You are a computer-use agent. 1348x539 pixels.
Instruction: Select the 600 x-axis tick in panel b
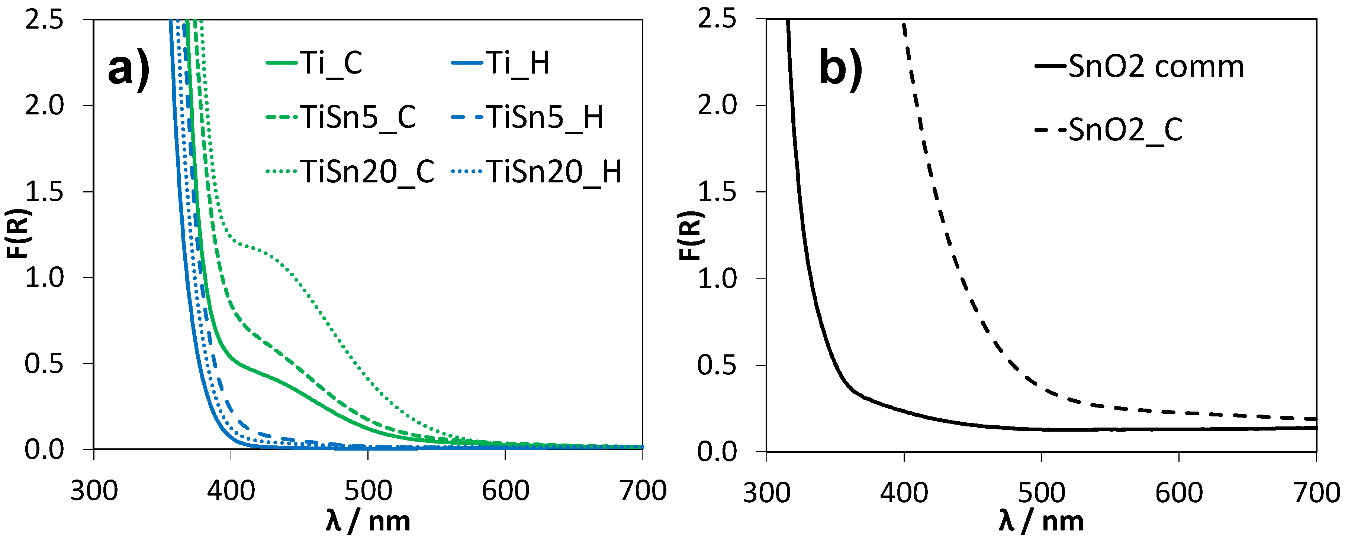click(1179, 493)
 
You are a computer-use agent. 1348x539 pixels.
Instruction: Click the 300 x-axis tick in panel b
click(767, 493)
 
